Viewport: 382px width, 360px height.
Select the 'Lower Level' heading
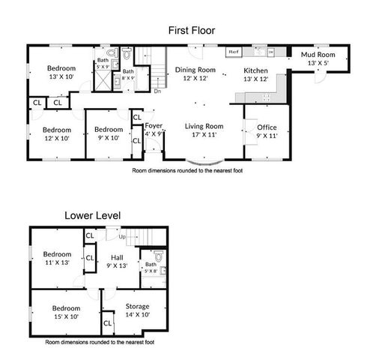(92, 215)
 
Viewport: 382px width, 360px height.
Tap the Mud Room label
(318, 55)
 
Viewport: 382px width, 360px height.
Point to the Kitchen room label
(255, 70)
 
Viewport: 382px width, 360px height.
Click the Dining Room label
(195, 70)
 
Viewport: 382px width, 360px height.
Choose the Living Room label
(204, 126)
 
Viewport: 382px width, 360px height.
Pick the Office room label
(267, 128)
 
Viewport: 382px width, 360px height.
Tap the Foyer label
(154, 126)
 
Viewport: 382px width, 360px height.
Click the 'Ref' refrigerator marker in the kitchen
(233, 52)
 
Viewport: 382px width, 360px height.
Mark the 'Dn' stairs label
(157, 91)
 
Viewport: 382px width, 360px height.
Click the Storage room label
(137, 306)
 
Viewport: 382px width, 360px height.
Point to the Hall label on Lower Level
(116, 256)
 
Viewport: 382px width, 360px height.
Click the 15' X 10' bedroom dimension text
(66, 317)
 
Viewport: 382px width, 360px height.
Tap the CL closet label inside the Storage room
(107, 323)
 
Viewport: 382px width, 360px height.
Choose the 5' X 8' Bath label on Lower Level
(150, 272)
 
